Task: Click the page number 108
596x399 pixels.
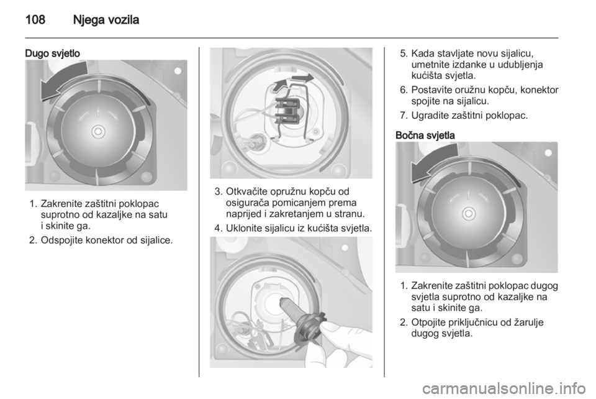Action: point(35,19)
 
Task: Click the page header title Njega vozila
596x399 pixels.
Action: point(106,19)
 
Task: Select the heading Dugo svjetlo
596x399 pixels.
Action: point(52,53)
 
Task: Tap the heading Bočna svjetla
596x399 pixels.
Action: point(425,135)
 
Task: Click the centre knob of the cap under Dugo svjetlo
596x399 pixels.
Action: point(99,132)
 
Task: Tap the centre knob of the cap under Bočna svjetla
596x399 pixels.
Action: point(469,213)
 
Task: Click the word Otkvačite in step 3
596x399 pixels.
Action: point(245,191)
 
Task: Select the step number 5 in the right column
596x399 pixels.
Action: point(404,53)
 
